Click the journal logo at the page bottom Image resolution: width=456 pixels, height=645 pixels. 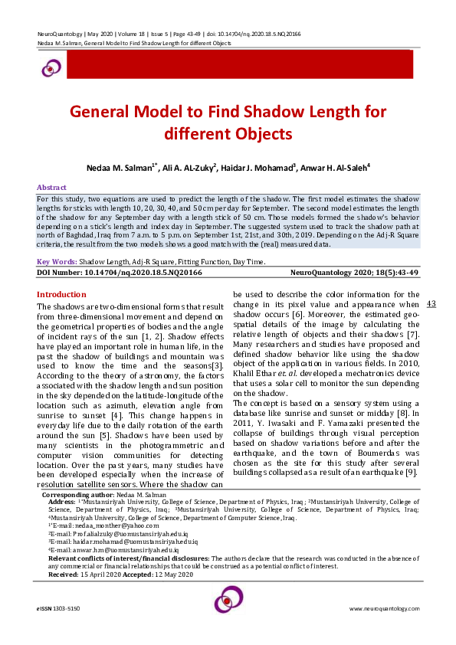pyautogui.click(x=228, y=601)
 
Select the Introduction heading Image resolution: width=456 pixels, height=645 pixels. pyautogui.click(x=62, y=295)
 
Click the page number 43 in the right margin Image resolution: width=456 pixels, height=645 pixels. pyautogui.click(x=431, y=304)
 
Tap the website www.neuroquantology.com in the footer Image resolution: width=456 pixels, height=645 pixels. pyautogui.click(x=383, y=608)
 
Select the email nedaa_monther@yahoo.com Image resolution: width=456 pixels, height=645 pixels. pyautogui.click(x=107, y=525)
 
